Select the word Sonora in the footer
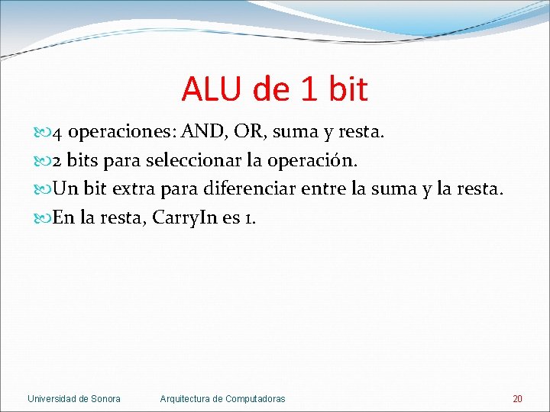click(105, 399)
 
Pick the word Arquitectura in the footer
click(186, 399)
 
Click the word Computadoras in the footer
click(255, 399)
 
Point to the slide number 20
click(517, 399)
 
